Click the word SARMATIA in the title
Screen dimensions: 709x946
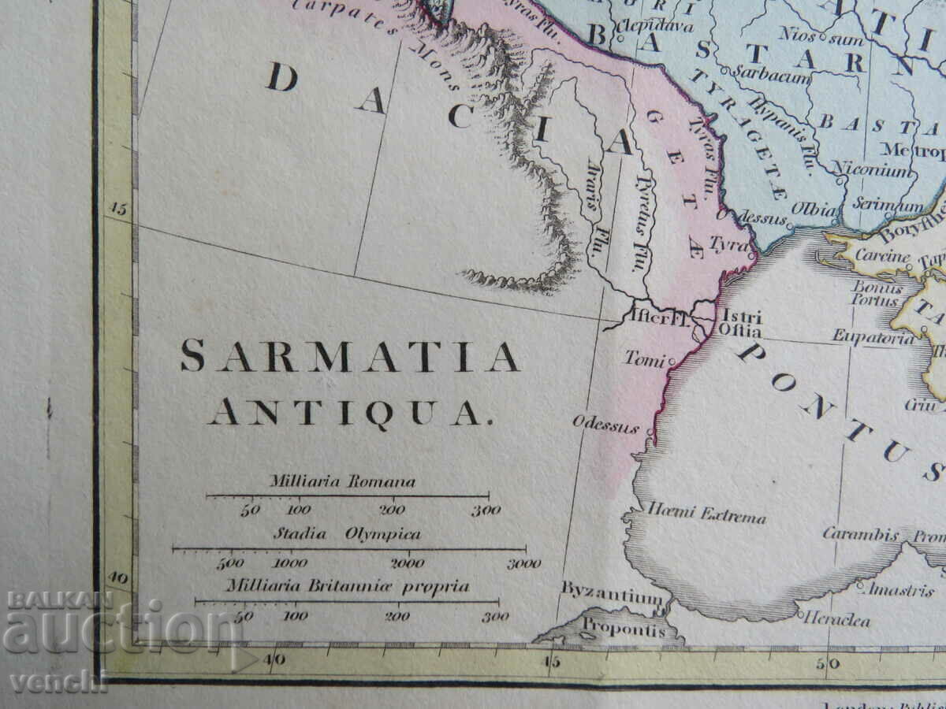pyautogui.click(x=350, y=357)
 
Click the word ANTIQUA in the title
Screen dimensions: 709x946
pyautogui.click(x=349, y=411)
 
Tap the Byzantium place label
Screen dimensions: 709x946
pyautogui.click(x=612, y=592)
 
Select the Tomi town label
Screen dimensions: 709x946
pyautogui.click(x=645, y=358)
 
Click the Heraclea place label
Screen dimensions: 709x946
pyautogui.click(x=837, y=620)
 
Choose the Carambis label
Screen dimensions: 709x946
pyautogui.click(x=861, y=535)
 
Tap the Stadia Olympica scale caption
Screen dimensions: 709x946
pyautogui.click(x=347, y=534)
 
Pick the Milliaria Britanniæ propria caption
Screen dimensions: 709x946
pyautogui.click(x=347, y=586)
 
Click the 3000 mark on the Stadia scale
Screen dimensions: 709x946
pyautogui.click(x=523, y=563)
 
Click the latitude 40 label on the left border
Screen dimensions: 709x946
pyautogui.click(x=118, y=577)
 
